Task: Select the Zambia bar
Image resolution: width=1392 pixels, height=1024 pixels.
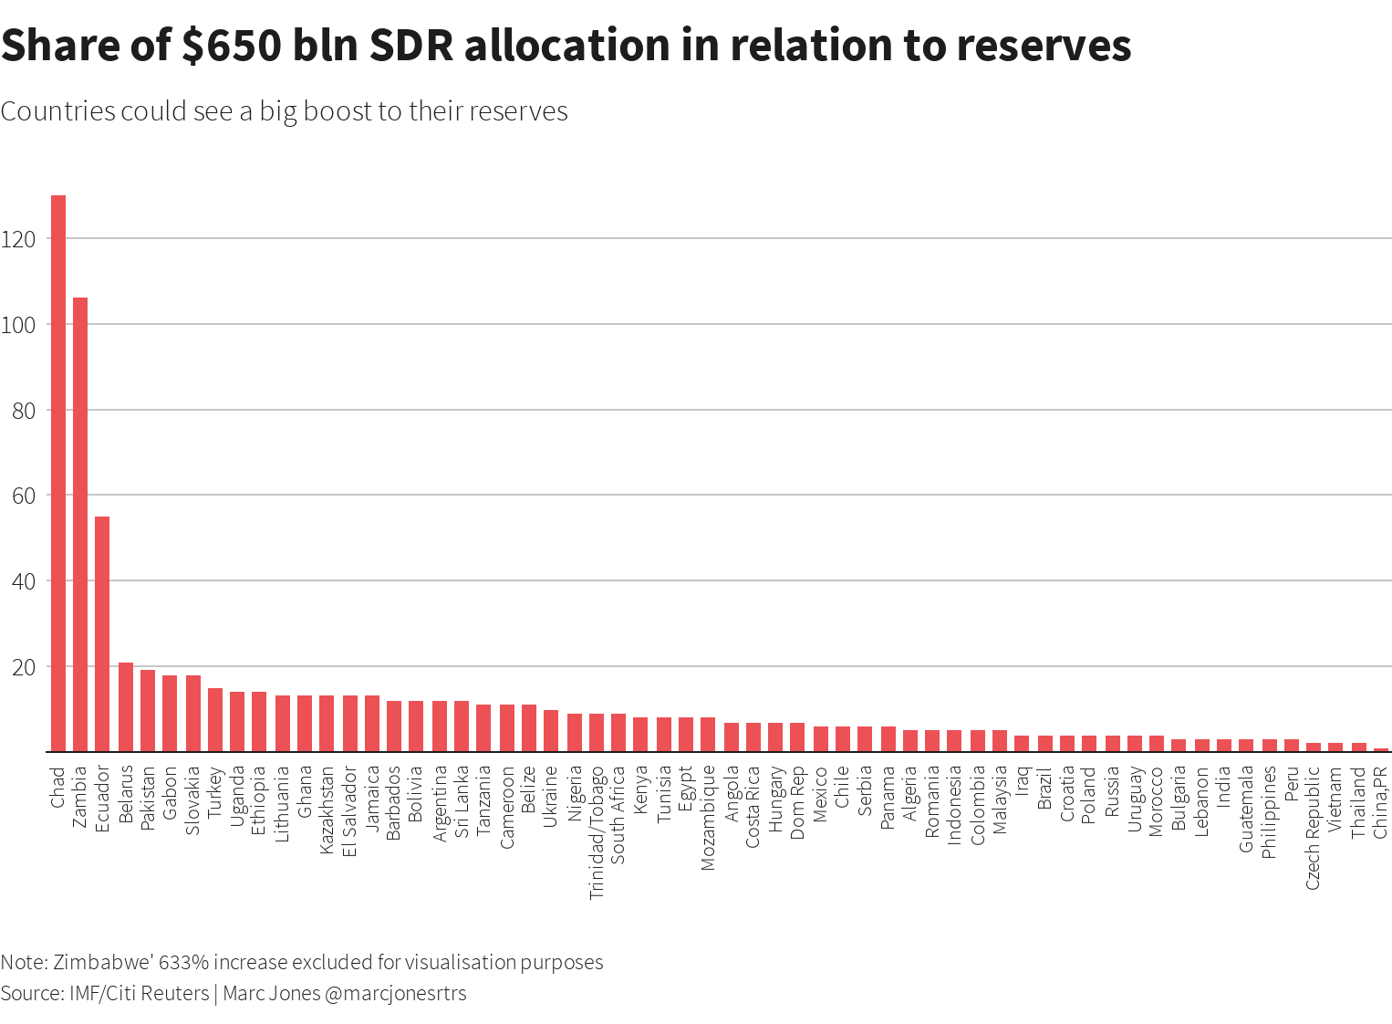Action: coord(80,524)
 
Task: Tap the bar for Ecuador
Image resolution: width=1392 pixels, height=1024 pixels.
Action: coord(102,633)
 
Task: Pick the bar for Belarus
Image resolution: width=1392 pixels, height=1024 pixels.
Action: coord(126,707)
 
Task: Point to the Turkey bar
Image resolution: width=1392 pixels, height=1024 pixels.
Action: coord(215,720)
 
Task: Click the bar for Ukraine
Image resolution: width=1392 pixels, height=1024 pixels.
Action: coord(551,730)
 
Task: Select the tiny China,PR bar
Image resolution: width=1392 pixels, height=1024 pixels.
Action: coord(1381,749)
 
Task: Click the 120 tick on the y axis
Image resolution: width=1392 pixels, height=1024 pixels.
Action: coord(18,239)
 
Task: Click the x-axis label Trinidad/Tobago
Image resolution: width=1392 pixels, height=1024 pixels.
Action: coord(597,832)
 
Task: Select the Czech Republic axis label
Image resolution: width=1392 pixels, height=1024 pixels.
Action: coord(1314,827)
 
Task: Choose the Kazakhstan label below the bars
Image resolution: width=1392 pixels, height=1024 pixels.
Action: coord(327,811)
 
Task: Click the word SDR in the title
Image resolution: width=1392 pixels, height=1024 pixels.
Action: coord(410,46)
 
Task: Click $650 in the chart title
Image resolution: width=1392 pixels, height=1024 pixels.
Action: coord(230,46)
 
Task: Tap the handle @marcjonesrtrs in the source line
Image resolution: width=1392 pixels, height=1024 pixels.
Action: coord(395,993)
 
